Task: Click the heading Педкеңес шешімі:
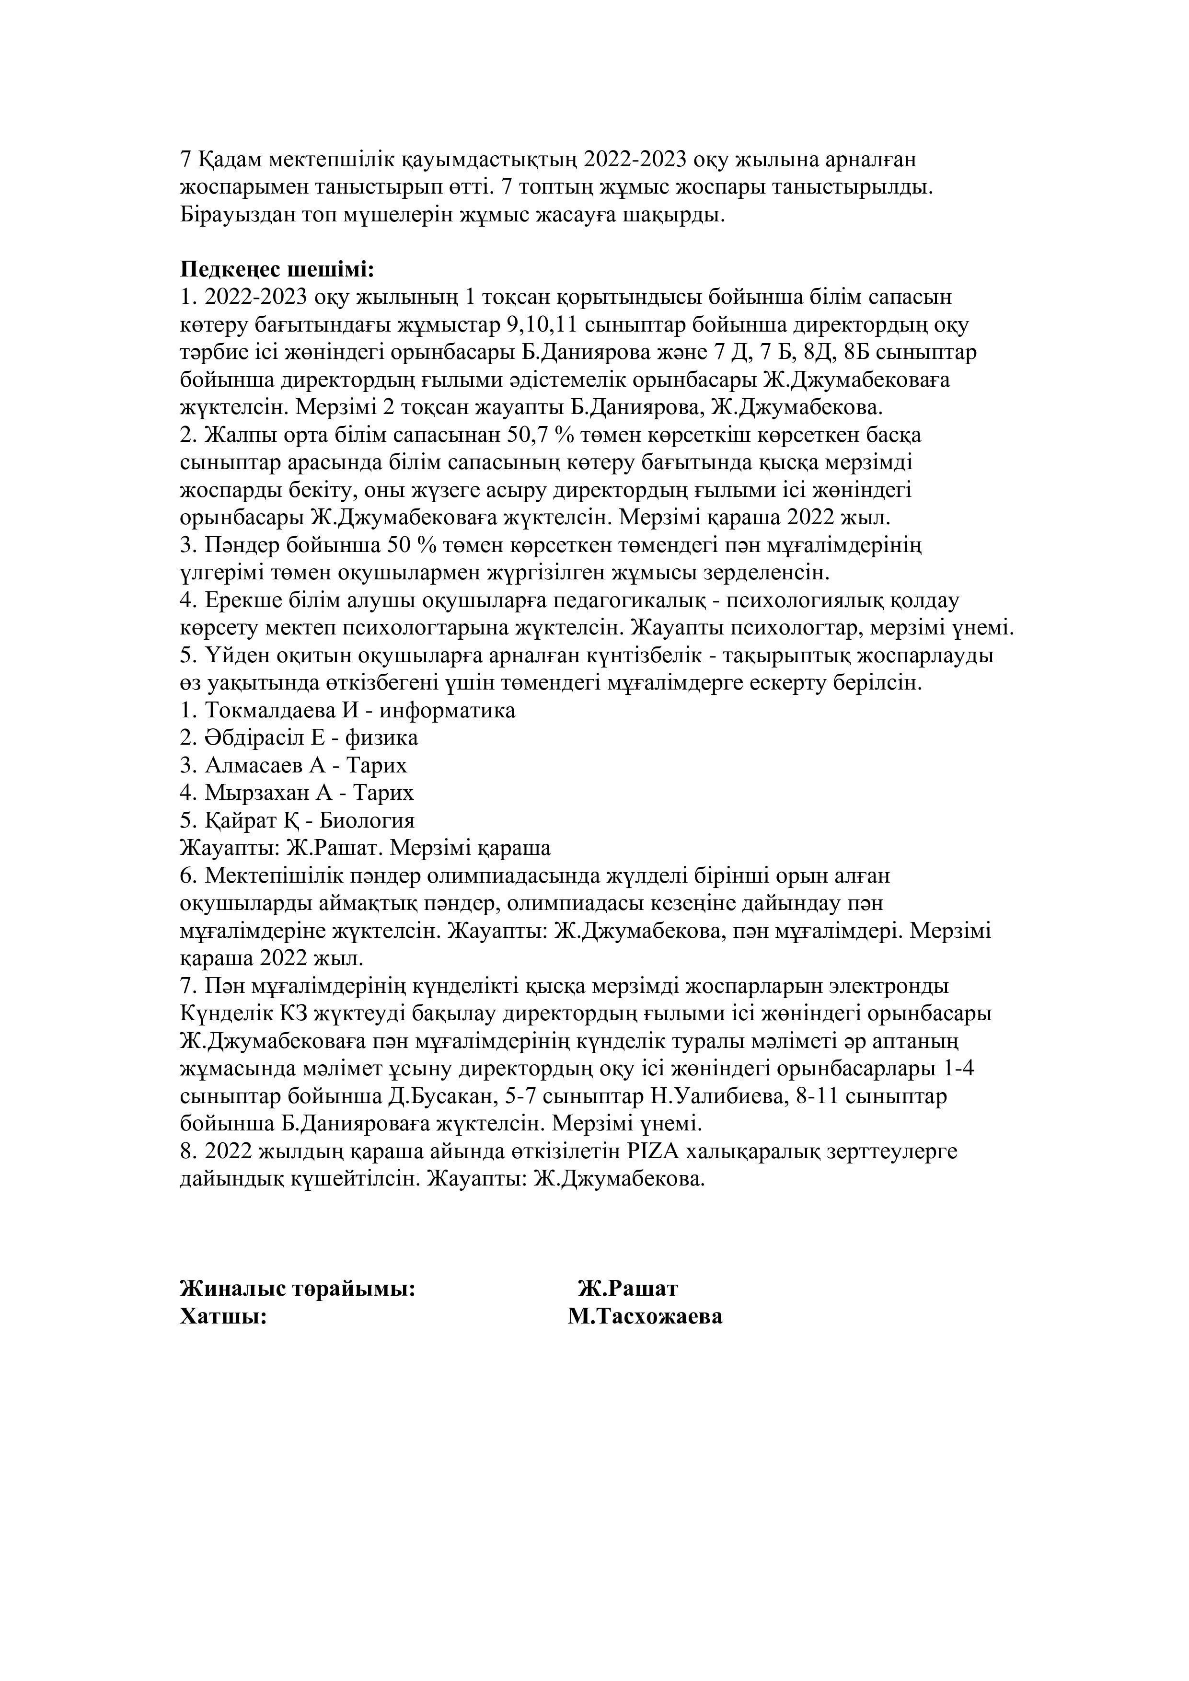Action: point(277,269)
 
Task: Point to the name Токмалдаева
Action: point(269,710)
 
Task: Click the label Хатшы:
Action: point(222,1316)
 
